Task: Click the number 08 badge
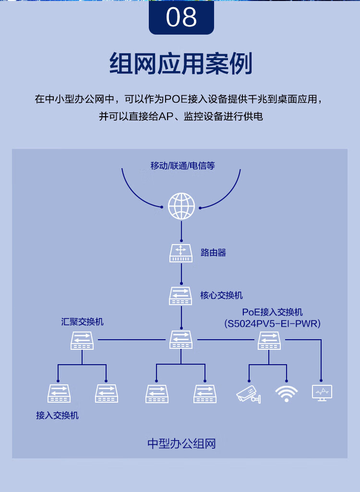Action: tap(181, 17)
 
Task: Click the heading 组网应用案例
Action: tap(180, 64)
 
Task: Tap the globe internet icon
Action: tap(181, 206)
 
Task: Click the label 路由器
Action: tap(213, 253)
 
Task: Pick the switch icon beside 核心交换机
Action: tap(180, 295)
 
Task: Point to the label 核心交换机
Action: tap(221, 295)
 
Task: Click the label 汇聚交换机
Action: tap(82, 321)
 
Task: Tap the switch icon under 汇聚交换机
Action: tap(82, 340)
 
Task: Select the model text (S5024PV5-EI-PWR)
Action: tap(272, 323)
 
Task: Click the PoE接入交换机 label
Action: tap(272, 312)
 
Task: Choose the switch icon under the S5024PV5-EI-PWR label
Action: tap(269, 340)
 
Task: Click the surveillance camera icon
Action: tap(248, 394)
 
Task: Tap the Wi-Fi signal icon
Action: tap(286, 394)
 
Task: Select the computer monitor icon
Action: tap(322, 393)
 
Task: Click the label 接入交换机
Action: tap(58, 416)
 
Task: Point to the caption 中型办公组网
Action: tap(181, 443)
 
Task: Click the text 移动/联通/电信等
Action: tap(182, 166)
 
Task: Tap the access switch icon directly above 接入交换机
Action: tap(59, 394)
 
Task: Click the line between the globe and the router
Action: tap(181, 231)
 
